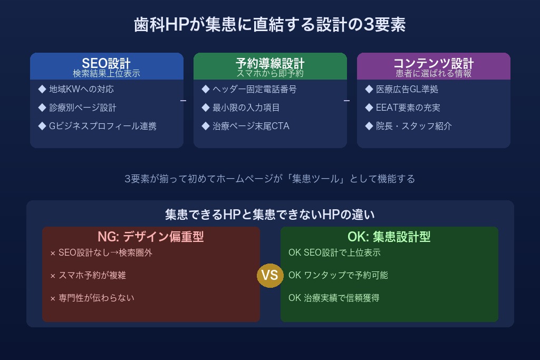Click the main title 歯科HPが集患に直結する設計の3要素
[x=269, y=25]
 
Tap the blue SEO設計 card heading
[x=107, y=63]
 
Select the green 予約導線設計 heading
[x=270, y=63]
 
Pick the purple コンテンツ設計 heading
[x=433, y=63]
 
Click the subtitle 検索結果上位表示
[x=107, y=73]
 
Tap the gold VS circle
[x=270, y=275]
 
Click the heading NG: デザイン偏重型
[x=151, y=237]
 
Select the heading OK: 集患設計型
[x=389, y=237]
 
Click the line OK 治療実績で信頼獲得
[x=334, y=298]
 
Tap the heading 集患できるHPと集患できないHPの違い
[x=270, y=214]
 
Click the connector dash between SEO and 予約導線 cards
[x=183, y=100]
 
